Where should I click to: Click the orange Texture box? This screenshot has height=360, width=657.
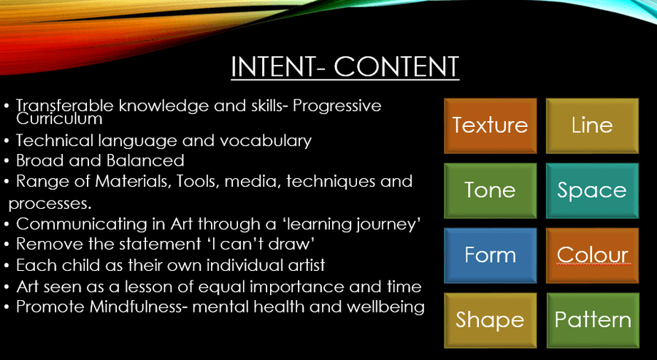[x=491, y=126]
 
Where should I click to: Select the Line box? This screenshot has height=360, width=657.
[x=592, y=126]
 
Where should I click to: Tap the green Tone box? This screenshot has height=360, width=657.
[x=491, y=191]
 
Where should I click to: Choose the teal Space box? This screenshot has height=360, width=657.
[x=592, y=191]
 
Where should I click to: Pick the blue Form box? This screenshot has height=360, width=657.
[x=491, y=256]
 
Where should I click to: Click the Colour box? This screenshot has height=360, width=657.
[x=592, y=256]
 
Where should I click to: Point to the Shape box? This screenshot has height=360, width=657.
[x=491, y=320]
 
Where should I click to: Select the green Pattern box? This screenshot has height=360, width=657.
[x=593, y=320]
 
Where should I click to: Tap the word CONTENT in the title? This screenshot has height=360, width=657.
[x=396, y=66]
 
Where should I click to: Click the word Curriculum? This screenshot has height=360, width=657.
[x=59, y=118]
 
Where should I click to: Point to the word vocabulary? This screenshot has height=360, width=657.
[x=266, y=141]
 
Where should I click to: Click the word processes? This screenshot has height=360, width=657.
[x=50, y=204]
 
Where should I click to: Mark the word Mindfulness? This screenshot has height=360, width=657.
[x=141, y=307]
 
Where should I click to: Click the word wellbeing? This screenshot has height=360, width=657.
[x=385, y=307]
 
